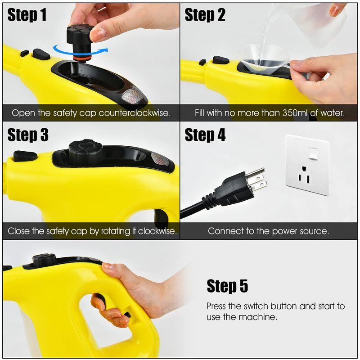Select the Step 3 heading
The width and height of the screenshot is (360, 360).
point(27,135)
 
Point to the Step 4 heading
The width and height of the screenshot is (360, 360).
point(205,135)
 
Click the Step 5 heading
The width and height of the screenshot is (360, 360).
point(227,286)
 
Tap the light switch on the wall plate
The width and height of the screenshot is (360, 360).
point(313,153)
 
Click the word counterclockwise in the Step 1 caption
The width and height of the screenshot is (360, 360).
point(135,112)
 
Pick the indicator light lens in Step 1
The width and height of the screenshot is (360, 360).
point(133,96)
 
